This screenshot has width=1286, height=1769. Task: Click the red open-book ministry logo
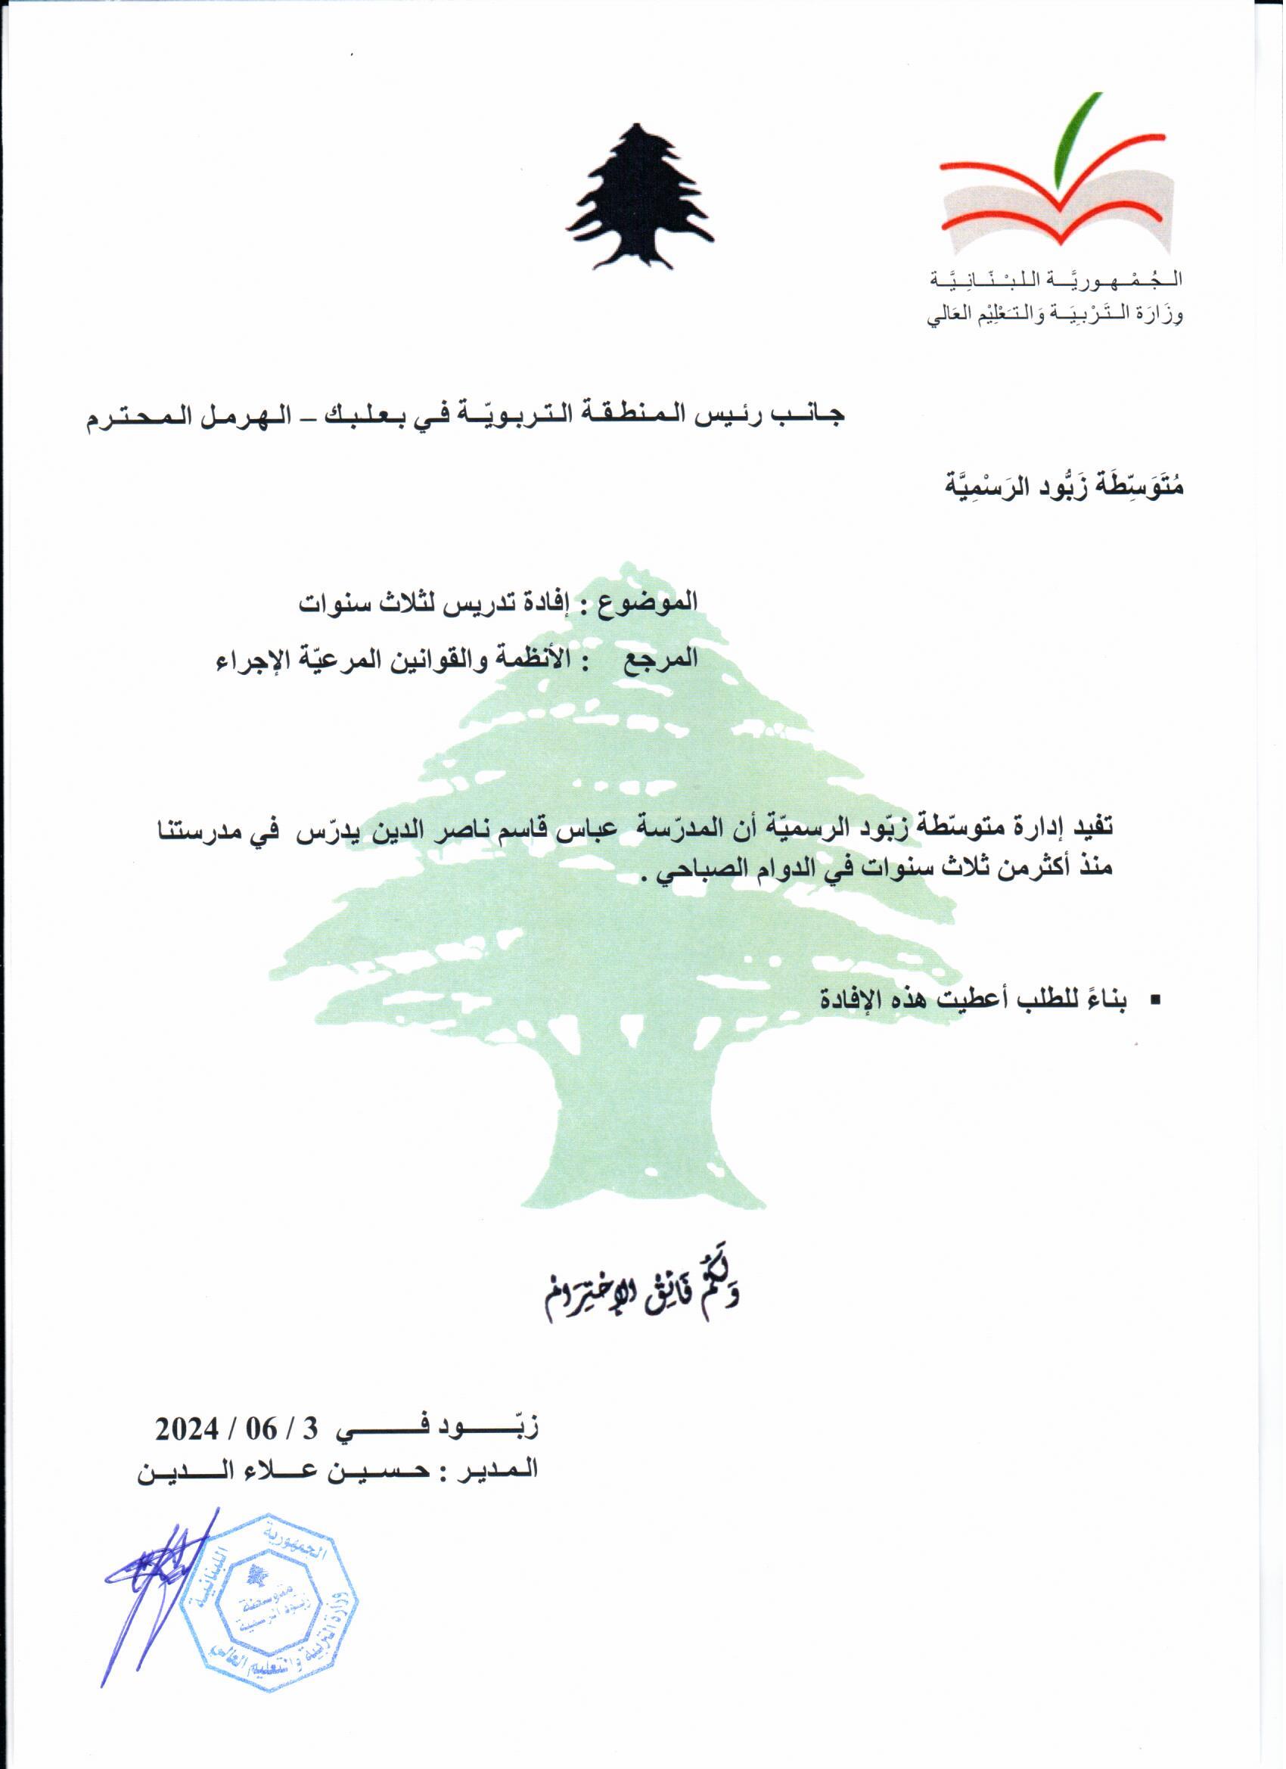[x=1057, y=204]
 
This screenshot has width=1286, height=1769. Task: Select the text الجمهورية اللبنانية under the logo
[x=1057, y=279]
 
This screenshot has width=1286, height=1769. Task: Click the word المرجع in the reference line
[x=663, y=659]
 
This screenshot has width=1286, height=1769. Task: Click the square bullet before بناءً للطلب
[x=1154, y=1000]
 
